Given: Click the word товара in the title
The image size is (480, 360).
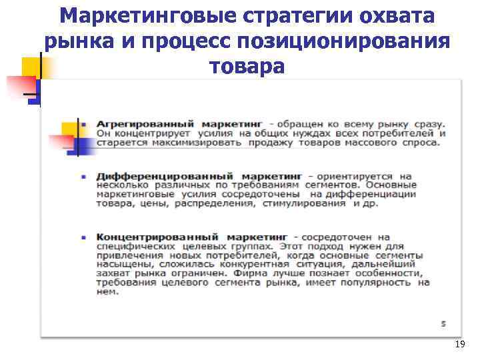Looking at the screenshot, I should pos(247,67).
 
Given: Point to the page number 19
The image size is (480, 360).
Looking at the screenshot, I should pos(459,344).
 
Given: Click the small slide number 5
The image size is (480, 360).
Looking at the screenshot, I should pos(443,323).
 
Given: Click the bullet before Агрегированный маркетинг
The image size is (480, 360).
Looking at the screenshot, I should pos(83,125).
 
